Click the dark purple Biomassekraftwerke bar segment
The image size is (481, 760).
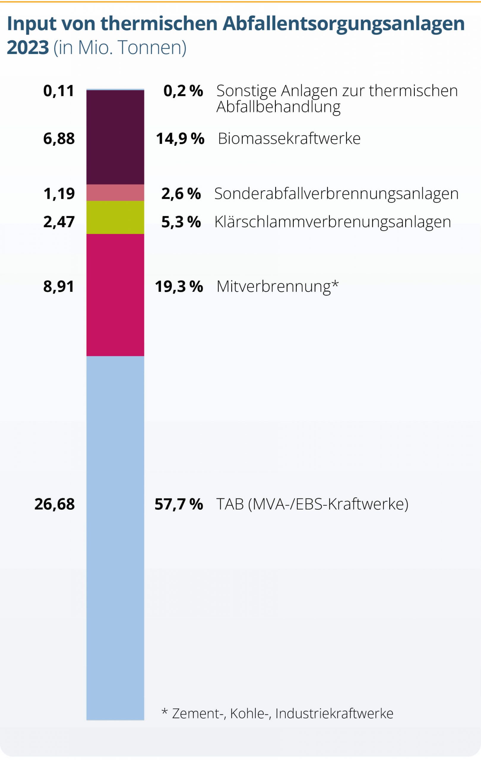tap(115, 137)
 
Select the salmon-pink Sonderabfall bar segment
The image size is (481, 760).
tap(115, 193)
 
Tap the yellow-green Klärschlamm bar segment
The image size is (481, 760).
tap(115, 217)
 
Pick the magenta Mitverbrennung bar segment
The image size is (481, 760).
tap(115, 295)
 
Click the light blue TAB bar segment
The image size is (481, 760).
tap(115, 536)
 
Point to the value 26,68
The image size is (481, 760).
tap(55, 504)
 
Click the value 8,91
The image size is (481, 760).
tap(59, 286)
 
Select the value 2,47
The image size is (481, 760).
tap(59, 222)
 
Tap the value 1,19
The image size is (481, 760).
tap(59, 194)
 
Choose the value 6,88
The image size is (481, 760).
tap(59, 139)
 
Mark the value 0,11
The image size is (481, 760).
tap(59, 91)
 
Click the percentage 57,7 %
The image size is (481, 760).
tap(179, 504)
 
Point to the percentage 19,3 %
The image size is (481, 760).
tap(179, 286)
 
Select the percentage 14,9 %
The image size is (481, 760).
tap(180, 139)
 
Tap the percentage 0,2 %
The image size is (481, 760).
tap(183, 91)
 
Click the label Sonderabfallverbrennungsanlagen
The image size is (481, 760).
tap(336, 194)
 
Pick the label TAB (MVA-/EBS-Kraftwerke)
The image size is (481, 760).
tap(312, 504)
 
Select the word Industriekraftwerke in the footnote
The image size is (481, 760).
tap(334, 713)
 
